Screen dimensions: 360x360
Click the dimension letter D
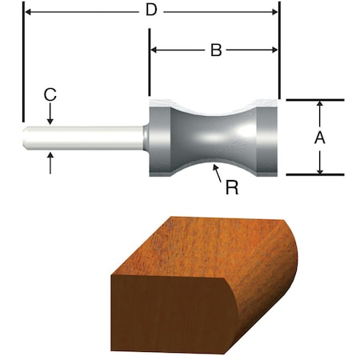pyautogui.click(x=151, y=10)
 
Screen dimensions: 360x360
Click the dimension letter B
pyautogui.click(x=216, y=50)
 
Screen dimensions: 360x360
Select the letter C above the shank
pyautogui.click(x=50, y=94)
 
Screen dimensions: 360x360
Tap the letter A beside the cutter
pyautogui.click(x=320, y=138)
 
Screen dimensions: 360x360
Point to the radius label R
pyautogui.click(x=232, y=187)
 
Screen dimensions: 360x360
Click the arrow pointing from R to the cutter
pyautogui.click(x=217, y=174)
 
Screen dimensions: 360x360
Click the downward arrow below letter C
pyautogui.click(x=50, y=114)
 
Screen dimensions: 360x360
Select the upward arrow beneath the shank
pyautogui.click(x=50, y=162)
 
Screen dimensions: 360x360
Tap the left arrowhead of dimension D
pyautogui.click(x=28, y=12)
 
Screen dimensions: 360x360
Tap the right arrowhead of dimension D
pyautogui.click(x=274, y=12)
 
